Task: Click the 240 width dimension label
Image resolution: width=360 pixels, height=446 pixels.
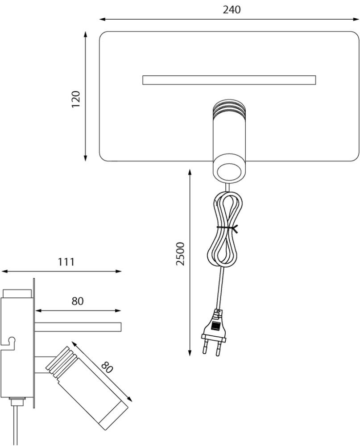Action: (232, 10)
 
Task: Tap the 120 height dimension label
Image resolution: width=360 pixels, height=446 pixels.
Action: (76, 99)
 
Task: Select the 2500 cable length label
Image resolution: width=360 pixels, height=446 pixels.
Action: (180, 254)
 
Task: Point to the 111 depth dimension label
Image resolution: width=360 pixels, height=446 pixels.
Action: (66, 262)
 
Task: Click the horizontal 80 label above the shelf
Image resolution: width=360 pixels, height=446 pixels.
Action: (78, 301)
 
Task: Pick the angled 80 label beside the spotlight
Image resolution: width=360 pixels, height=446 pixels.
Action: (107, 367)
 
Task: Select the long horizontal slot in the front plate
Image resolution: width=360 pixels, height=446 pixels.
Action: (229, 80)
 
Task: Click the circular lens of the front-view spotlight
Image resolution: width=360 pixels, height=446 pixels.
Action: (229, 171)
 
